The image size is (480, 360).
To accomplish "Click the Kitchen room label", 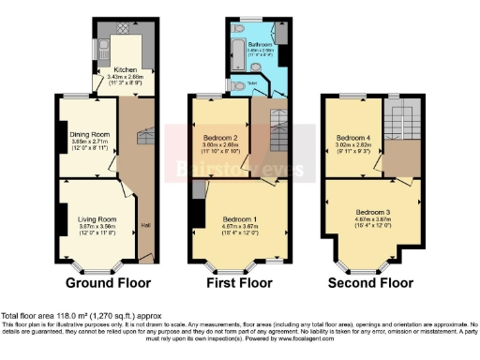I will (x=125, y=69).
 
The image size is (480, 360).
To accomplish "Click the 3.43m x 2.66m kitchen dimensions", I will (x=125, y=76).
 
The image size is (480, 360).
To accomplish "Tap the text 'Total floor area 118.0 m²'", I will (x=56, y=315).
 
